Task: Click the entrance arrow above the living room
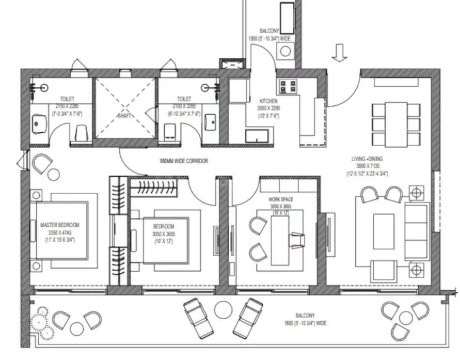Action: point(339,53)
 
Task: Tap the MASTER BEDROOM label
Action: point(60,225)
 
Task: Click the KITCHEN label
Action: point(268,102)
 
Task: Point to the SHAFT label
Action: point(125,116)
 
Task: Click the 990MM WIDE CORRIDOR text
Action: point(184,161)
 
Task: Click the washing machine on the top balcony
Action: point(284,51)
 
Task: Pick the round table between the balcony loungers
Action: point(223,310)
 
